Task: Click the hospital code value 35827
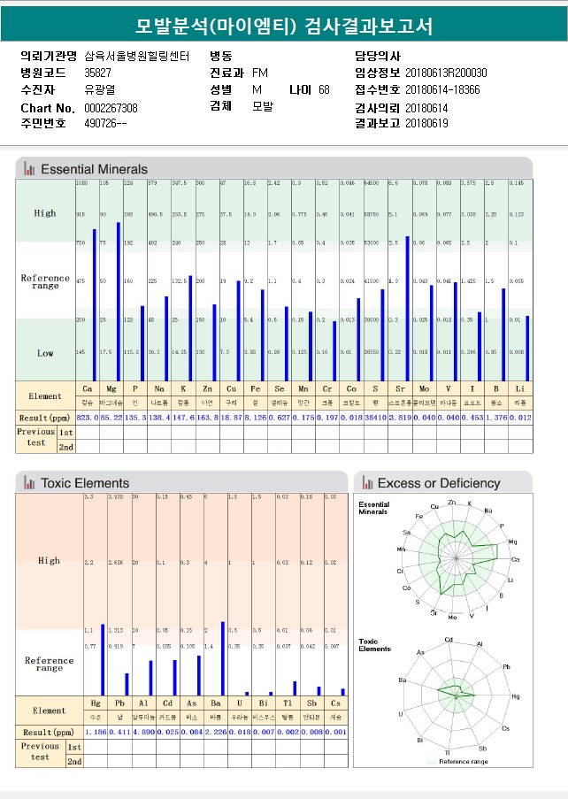[98, 73]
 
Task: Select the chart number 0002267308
[111, 108]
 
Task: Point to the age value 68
[324, 90]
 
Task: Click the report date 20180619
[426, 124]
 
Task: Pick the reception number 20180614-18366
[442, 90]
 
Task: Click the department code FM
[260, 73]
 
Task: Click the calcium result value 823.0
[86, 417]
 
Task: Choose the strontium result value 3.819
[400, 417]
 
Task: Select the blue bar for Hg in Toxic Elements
[103, 659]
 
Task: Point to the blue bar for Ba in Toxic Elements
[222, 658]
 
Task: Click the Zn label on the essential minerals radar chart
[451, 503]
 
